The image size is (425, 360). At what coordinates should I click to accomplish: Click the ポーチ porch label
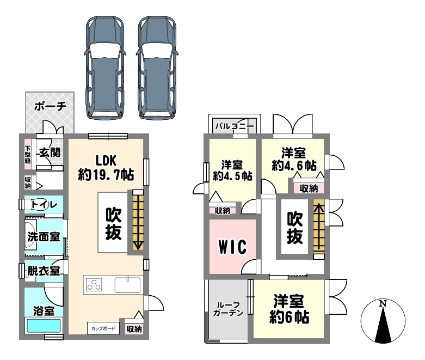50,106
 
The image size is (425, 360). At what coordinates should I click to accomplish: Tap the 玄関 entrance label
50,152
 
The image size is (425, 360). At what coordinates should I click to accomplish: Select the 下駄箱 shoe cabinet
28,154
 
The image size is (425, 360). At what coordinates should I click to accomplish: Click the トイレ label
44,204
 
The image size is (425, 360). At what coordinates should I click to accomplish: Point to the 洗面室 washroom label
44,237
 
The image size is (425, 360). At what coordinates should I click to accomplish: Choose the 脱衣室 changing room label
44,271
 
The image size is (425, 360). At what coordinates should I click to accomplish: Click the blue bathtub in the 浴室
44,326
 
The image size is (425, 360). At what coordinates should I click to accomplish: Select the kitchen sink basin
127,285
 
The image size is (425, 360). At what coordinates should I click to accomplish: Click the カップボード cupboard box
103,328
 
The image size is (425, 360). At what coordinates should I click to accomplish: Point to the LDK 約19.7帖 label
106,168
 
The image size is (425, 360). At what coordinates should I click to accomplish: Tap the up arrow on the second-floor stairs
319,227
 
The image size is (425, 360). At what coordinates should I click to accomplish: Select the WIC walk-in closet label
233,247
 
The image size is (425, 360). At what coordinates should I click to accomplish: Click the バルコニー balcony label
235,126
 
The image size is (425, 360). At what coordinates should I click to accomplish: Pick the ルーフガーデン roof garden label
228,309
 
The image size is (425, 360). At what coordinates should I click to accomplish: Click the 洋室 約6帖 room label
289,309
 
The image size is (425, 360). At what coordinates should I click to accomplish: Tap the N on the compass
383,303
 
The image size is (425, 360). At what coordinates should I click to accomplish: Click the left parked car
105,68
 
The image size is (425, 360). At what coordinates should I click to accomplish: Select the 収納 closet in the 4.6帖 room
309,188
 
